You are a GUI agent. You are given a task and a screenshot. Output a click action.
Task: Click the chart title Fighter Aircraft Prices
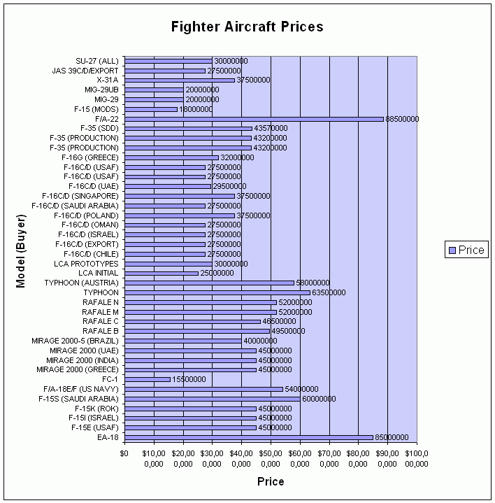click(247, 27)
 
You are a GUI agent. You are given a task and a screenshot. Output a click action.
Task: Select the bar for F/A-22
click(254, 119)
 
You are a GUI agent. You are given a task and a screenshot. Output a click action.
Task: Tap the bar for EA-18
click(249, 437)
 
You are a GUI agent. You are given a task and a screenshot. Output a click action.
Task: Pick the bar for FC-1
click(147, 379)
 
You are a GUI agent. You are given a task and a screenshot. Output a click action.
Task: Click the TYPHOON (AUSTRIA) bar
click(209, 283)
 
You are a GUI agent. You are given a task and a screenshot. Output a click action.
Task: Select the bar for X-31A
click(180, 80)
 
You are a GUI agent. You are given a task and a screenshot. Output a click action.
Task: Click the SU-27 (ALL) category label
click(98, 61)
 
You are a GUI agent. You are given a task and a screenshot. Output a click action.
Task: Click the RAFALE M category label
click(101, 312)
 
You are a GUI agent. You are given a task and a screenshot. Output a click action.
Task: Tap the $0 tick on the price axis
click(124, 453)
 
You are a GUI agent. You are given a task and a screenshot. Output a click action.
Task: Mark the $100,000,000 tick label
click(416, 458)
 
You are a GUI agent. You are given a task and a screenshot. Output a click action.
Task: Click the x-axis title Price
click(271, 481)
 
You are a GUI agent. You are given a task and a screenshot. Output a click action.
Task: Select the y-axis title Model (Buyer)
click(22, 249)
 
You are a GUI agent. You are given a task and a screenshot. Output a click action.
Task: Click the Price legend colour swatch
click(452, 250)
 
